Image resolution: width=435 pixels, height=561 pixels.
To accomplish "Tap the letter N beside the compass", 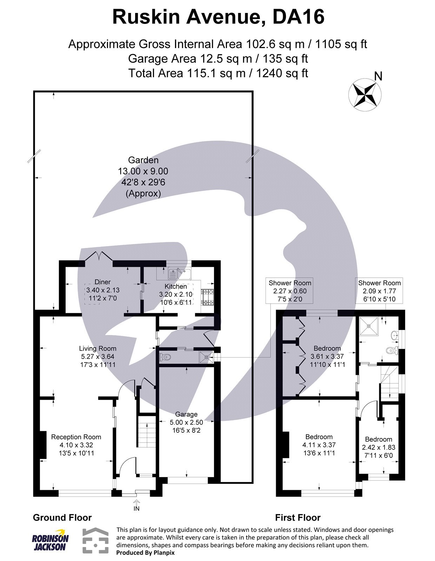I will coord(378,76).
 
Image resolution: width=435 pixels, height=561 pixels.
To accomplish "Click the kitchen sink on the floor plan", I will coord(179,272).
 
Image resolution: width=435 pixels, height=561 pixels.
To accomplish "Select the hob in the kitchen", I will coord(207,297).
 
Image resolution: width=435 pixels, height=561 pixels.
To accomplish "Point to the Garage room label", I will coord(186,414).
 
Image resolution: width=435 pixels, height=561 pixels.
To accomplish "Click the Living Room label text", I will coord(98,348).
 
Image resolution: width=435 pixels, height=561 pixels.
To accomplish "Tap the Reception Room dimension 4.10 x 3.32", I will coord(76,445).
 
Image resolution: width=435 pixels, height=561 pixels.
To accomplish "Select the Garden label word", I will coord(143,160).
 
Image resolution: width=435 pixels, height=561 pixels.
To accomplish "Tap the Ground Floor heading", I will coord(62,518).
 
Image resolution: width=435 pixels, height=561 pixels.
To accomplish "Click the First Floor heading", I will coord(297,518).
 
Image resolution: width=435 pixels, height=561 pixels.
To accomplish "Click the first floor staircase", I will coord(389,382).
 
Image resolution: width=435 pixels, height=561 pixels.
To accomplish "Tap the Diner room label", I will coord(102,282).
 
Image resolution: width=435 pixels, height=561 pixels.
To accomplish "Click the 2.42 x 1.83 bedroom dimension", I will coord(379,447).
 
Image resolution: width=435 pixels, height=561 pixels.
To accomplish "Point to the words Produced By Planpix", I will coord(145,553).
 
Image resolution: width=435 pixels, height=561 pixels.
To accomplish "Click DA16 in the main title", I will coord(298,17).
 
